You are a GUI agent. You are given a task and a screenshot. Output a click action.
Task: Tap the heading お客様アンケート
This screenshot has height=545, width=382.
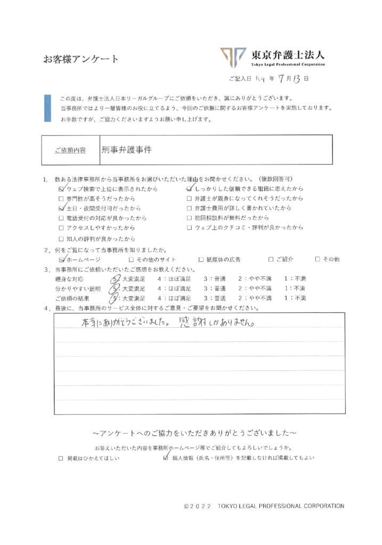pyautogui.click(x=81, y=59)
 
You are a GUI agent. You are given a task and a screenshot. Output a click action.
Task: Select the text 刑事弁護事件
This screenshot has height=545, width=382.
pyautogui.click(x=126, y=150)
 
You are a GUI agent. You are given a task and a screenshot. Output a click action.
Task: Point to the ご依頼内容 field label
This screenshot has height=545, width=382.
pyautogui.click(x=70, y=151)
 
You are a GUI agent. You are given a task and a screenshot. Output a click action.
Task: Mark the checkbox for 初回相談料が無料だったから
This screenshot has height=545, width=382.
pyautogui.click(x=189, y=218)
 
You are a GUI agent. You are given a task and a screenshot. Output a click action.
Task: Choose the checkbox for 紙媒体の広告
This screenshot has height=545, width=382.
pyautogui.click(x=201, y=260)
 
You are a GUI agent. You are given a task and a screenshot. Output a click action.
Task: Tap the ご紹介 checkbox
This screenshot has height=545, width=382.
pyautogui.click(x=271, y=260)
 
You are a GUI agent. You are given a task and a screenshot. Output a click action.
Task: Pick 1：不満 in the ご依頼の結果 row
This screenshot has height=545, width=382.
pyautogui.click(x=295, y=298)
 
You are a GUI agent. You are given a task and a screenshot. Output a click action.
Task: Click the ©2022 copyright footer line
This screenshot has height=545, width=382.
pyautogui.click(x=263, y=506)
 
